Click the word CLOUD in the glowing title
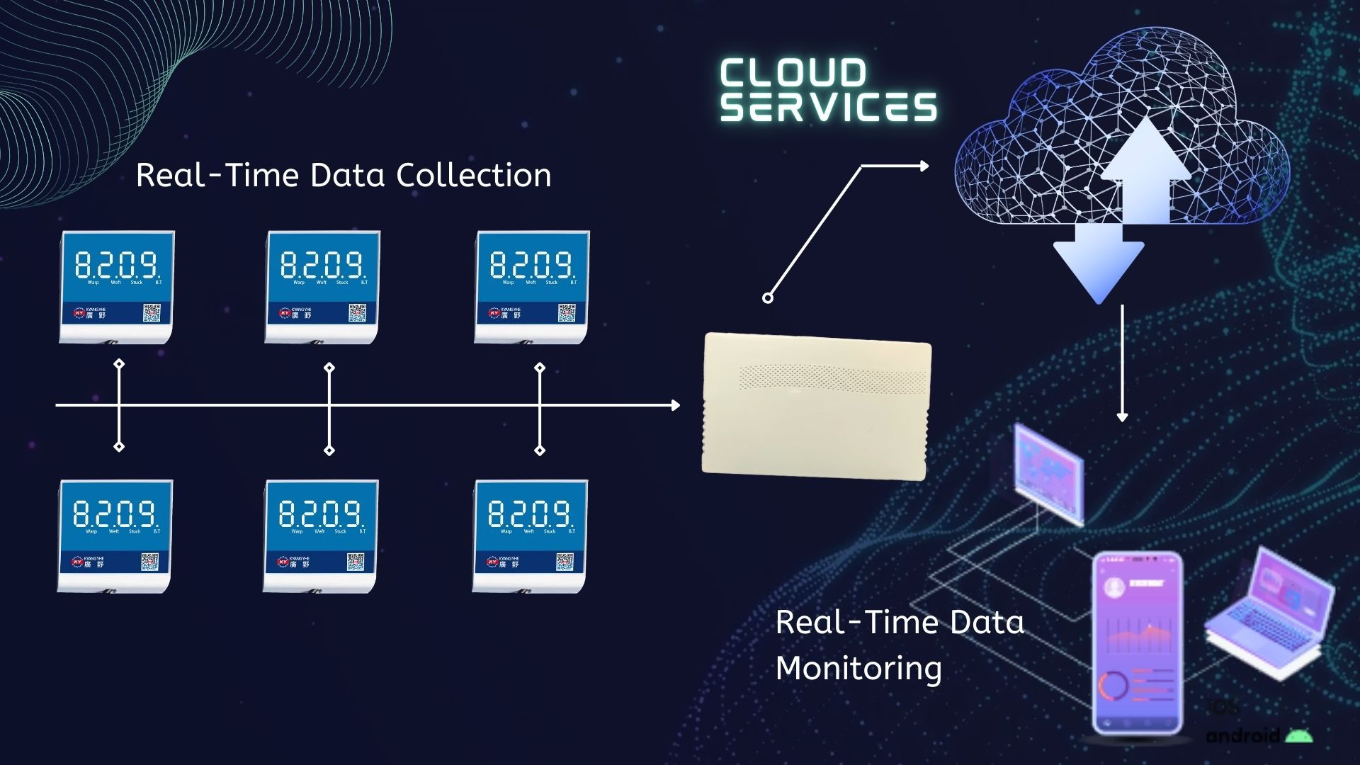coord(793,74)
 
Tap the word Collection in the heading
coord(473,175)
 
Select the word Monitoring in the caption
coord(858,668)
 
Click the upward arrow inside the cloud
coord(1145,170)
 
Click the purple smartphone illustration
coord(1137,641)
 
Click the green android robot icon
coord(1298,736)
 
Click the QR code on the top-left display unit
coord(152,312)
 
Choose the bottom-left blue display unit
coord(115,535)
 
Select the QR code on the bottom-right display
coord(565,562)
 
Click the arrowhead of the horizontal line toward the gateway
coord(675,405)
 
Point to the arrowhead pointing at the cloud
coord(924,166)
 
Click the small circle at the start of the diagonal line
coord(767,298)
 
